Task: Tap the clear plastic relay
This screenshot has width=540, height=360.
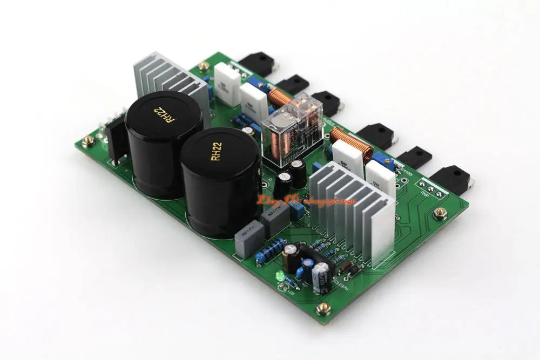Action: [x=292, y=128]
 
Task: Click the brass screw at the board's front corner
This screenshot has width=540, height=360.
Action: [x=322, y=309]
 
